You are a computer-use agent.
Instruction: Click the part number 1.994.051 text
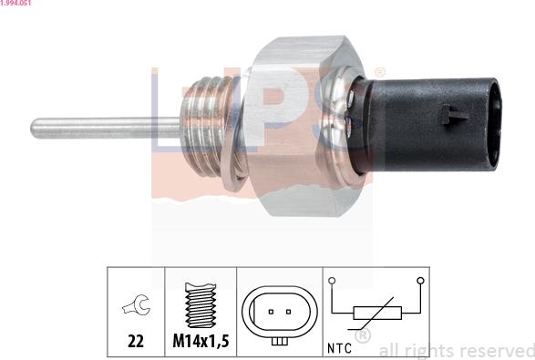click(x=15, y=3)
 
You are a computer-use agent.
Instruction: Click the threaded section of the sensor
click(x=206, y=127)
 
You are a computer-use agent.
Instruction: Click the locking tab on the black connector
click(x=453, y=115)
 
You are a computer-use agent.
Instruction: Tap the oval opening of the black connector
click(x=494, y=125)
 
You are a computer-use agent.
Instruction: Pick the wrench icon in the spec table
click(x=136, y=304)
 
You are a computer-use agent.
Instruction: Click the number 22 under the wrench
click(x=136, y=341)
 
